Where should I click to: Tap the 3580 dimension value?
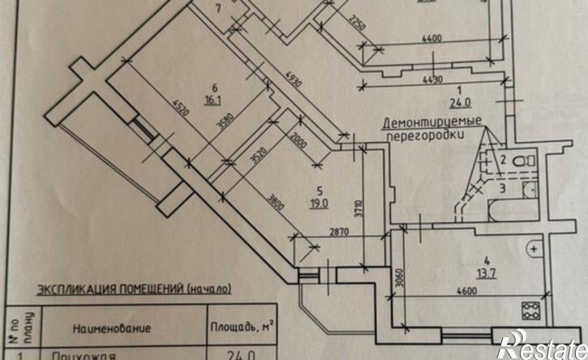click(x=234, y=128)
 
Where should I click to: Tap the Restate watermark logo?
click(x=542, y=345)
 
